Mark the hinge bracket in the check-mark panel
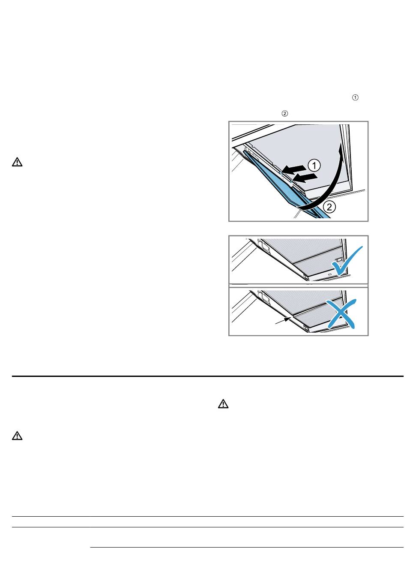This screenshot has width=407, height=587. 263,245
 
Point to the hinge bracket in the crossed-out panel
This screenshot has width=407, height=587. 263,297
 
